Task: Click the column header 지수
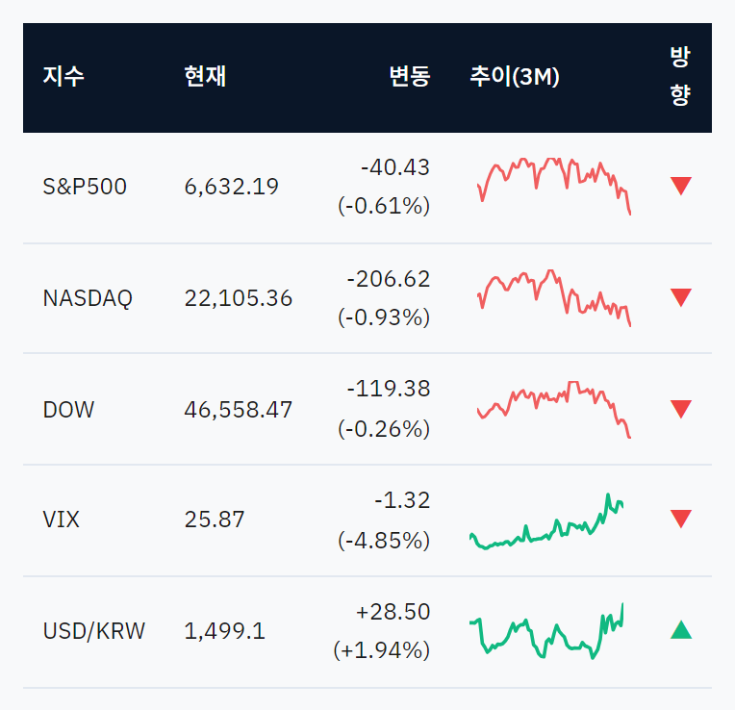(x=63, y=76)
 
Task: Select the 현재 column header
(x=205, y=76)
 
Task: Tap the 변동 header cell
(x=410, y=76)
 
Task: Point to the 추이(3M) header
(x=515, y=76)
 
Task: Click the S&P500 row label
(x=85, y=187)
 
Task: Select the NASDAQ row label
(x=88, y=298)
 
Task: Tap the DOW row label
(x=68, y=410)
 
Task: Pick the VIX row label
(x=61, y=520)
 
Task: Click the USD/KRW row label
(x=94, y=631)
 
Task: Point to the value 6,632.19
(x=232, y=187)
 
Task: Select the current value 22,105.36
(x=239, y=298)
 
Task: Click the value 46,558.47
(x=239, y=410)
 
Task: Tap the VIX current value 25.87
(x=215, y=520)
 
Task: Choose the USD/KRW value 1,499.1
(x=224, y=631)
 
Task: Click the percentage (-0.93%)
(x=384, y=317)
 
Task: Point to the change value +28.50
(x=393, y=612)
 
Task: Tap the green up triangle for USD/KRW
(x=681, y=630)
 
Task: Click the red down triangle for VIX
(x=681, y=519)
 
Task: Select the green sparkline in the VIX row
(x=546, y=521)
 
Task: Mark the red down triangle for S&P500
(x=681, y=186)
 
